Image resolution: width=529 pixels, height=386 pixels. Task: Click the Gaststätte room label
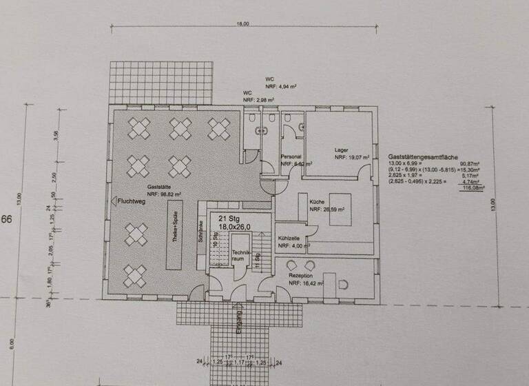(x=158, y=187)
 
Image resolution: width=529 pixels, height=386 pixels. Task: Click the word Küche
(x=317, y=199)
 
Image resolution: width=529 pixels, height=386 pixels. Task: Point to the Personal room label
(x=291, y=156)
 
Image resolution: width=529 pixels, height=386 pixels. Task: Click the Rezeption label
(x=302, y=274)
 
